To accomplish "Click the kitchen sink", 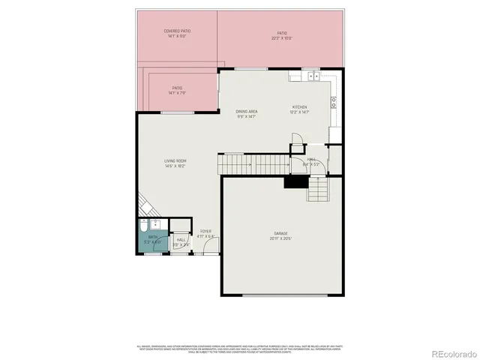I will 312,76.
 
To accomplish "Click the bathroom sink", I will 156,223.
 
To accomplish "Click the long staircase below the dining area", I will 253,162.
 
